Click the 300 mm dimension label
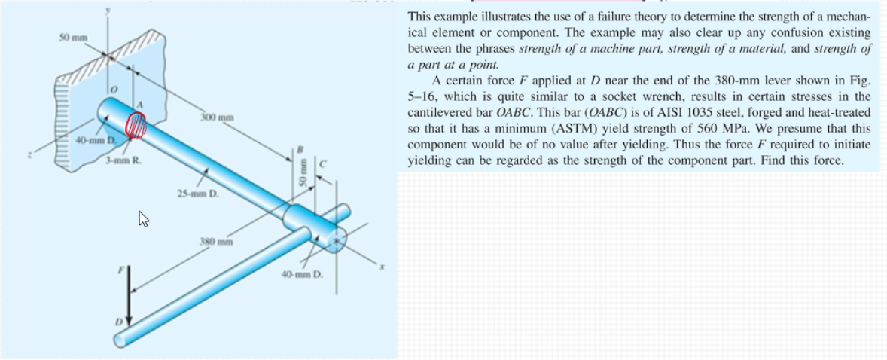218,118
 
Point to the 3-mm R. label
120,160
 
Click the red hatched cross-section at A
136,124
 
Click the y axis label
108,10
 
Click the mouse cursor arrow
143,219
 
